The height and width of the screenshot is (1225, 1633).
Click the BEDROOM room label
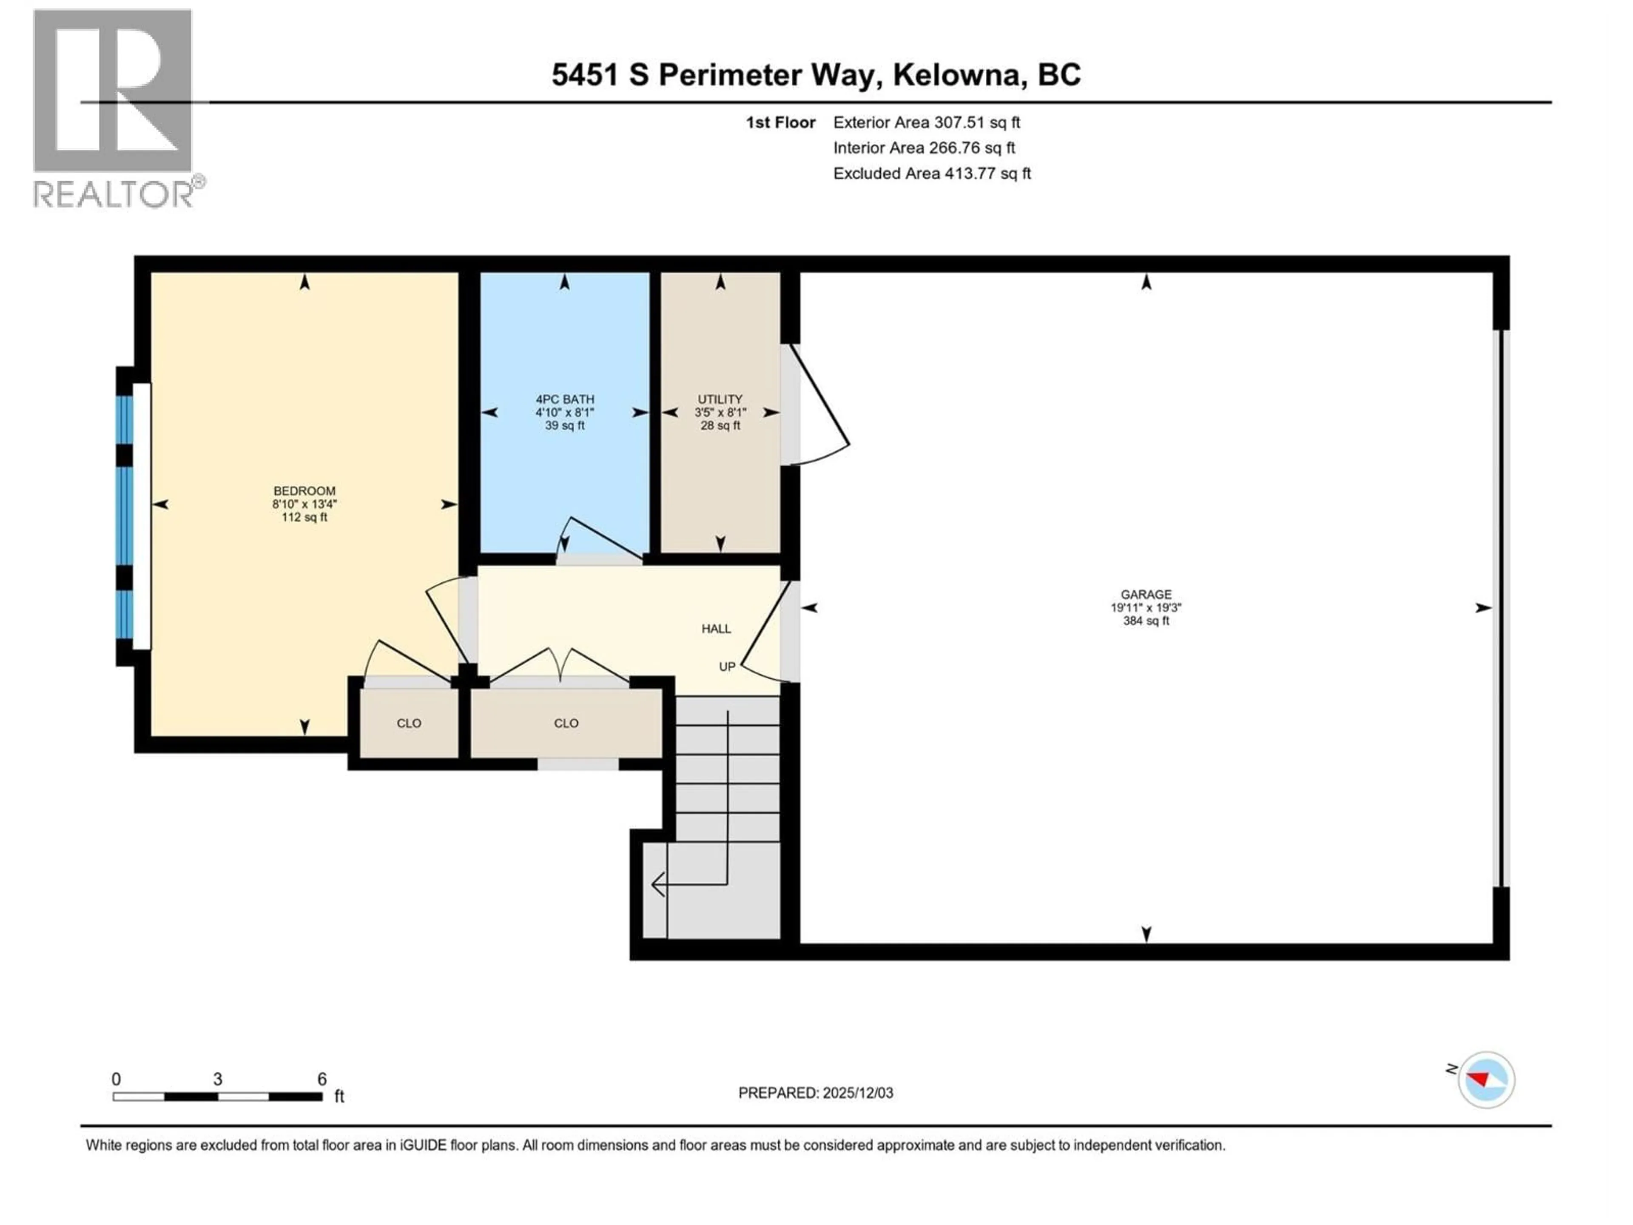304,491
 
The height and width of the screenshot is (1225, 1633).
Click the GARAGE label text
1146,594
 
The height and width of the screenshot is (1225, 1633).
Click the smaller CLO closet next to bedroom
409,724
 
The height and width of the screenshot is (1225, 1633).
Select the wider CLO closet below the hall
566,724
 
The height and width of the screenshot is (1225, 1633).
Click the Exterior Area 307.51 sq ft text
927,122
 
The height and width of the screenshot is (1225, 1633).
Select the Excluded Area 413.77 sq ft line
932,174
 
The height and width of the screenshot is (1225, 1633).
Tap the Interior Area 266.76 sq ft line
924,148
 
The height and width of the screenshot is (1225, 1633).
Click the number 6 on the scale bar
322,1080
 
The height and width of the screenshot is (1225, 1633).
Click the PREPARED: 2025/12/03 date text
816,1093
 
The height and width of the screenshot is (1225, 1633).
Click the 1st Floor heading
780,122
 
